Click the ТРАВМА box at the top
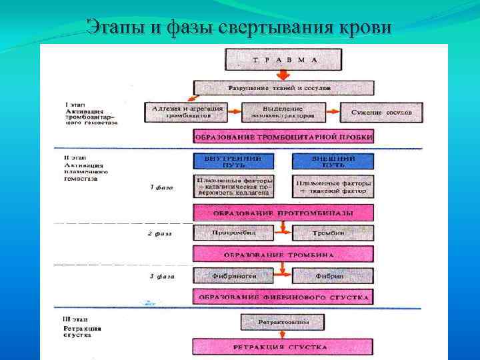coord(283,59)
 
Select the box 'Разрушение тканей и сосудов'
coord(283,88)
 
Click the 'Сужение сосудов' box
coord(381,112)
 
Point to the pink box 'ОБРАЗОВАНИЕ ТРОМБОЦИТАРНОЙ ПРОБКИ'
coord(283,137)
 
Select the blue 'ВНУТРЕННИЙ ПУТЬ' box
coord(234,161)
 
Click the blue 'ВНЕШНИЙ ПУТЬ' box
coord(333,161)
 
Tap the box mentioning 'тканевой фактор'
coord(333,186)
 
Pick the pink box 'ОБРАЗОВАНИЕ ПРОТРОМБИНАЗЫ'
coord(283,213)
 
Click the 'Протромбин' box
coord(234,233)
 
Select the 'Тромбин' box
coord(333,233)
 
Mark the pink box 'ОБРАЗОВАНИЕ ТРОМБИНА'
coord(283,255)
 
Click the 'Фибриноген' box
coord(234,275)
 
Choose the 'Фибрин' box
coord(333,275)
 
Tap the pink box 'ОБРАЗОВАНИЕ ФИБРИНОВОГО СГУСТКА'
coord(283,296)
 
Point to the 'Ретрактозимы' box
coord(283,323)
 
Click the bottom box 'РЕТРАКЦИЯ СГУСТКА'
coord(283,347)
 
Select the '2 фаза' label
coord(161,235)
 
